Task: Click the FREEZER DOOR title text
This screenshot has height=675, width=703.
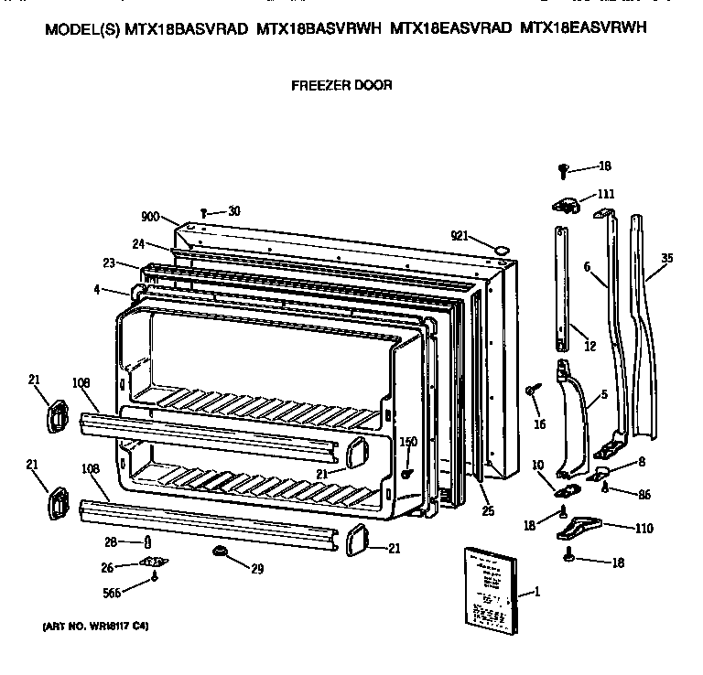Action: (341, 85)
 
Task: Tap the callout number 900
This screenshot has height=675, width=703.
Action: (151, 217)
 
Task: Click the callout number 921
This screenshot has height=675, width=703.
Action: (461, 236)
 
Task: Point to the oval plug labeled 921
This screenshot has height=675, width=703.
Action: (501, 247)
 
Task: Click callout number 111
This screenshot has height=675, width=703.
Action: (606, 194)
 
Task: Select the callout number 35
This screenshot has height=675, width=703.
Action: (665, 258)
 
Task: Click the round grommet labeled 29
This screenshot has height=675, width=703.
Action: (222, 551)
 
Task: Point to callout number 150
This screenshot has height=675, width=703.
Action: (408, 442)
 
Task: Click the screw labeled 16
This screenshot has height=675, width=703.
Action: (531, 391)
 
